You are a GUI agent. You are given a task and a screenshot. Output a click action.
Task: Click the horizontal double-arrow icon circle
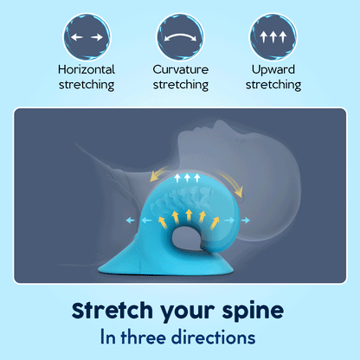(86, 36)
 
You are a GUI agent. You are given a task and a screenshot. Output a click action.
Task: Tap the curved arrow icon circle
(180, 36)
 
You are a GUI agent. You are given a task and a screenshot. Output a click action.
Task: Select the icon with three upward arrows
(273, 36)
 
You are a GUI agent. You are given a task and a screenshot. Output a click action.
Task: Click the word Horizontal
(86, 69)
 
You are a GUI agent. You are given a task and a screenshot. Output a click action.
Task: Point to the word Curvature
(180, 69)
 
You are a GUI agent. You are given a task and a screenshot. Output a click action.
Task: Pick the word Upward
(273, 69)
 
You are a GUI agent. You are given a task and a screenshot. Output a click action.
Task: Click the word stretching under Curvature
(180, 85)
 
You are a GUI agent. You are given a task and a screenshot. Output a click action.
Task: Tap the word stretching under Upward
(273, 85)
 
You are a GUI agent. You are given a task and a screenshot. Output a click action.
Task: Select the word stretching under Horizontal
(86, 85)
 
